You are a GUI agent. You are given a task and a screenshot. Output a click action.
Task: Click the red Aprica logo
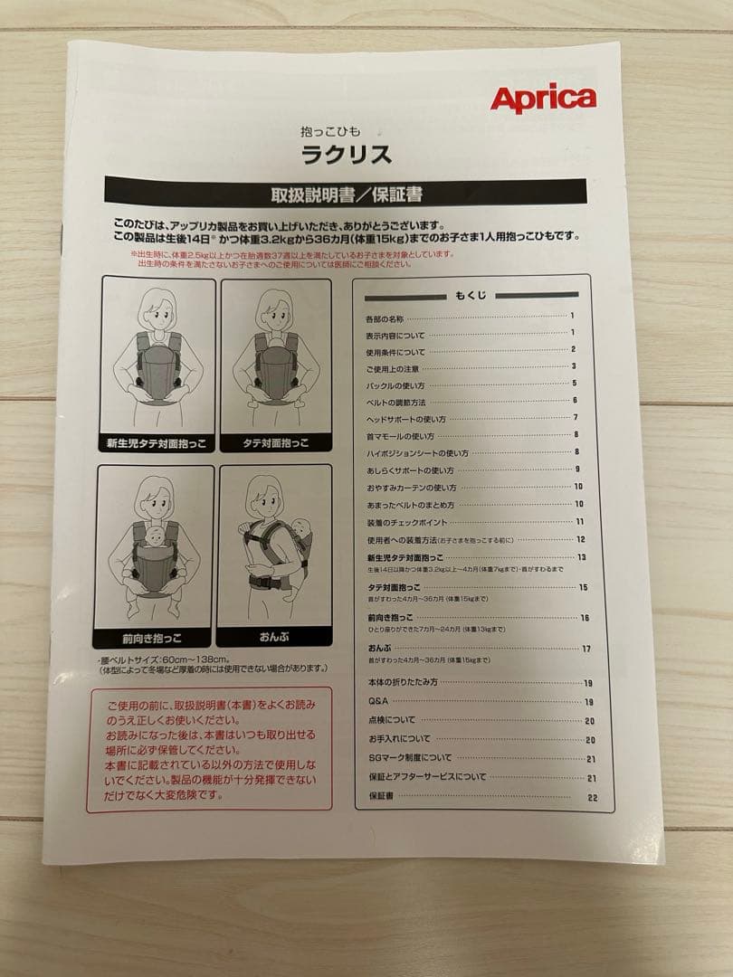pyautogui.click(x=543, y=99)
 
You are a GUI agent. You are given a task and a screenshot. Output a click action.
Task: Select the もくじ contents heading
pyautogui.click(x=471, y=296)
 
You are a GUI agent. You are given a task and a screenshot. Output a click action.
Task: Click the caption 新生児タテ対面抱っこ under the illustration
pyautogui.click(x=156, y=443)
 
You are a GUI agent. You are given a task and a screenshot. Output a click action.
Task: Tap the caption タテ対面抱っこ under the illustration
pyautogui.click(x=276, y=443)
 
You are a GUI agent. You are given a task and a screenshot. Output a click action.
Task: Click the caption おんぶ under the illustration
pyautogui.click(x=275, y=636)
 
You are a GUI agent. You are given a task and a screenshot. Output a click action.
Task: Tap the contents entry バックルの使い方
pyautogui.click(x=395, y=384)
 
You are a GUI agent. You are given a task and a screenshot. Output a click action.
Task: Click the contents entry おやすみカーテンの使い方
pyautogui.click(x=408, y=487)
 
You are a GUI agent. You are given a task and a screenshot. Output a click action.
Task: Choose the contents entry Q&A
pyautogui.click(x=377, y=702)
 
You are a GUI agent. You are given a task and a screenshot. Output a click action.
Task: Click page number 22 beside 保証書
pyautogui.click(x=592, y=797)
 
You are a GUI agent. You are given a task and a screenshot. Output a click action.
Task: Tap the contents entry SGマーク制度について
pyautogui.click(x=409, y=758)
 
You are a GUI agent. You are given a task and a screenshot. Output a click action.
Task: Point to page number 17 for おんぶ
pyautogui.click(x=586, y=649)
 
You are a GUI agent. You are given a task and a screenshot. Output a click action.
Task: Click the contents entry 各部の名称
pyautogui.click(x=384, y=318)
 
